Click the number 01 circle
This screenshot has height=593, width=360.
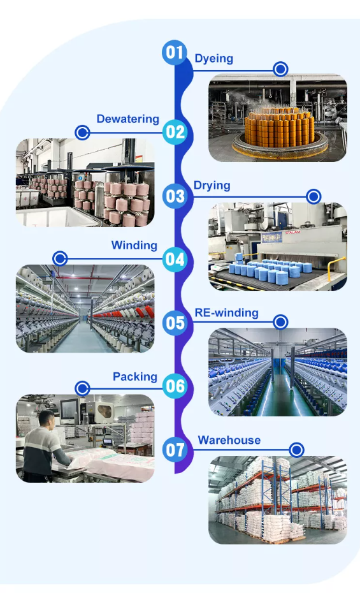pos(175,52)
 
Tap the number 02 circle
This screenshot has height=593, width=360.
pos(175,132)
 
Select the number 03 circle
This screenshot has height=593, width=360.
pos(175,196)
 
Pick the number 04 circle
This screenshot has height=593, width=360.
pos(175,260)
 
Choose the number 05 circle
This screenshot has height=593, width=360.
pos(175,323)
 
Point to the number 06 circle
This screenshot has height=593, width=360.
pos(175,386)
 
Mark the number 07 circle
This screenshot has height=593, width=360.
pos(175,450)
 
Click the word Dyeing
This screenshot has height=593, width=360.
pos(214,59)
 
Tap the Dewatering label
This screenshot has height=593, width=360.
pos(127,119)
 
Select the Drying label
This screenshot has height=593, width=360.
pos(212,186)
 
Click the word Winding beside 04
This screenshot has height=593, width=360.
pos(134,245)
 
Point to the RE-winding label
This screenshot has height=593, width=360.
pos(226,313)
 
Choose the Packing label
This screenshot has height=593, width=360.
pos(135,377)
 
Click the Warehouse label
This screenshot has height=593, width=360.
pos(229,440)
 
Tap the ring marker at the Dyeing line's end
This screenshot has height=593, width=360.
pos(280,70)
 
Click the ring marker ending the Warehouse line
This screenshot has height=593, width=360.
pos(296,450)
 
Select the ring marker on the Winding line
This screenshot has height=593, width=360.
pos(60,259)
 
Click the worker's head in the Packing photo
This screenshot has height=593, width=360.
pos(47,420)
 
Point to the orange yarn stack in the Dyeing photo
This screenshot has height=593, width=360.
pos(279,128)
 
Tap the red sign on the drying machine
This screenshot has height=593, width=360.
pos(292,232)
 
